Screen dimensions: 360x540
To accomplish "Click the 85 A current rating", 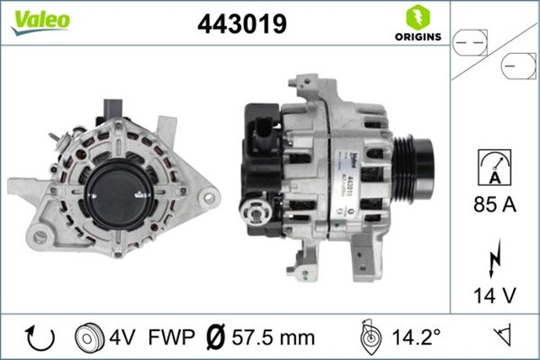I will click(494, 203).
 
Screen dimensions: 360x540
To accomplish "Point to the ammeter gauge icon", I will click(494, 166).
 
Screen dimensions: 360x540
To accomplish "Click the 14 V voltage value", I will click(494, 295).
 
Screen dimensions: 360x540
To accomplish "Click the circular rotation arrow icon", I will click(40, 338).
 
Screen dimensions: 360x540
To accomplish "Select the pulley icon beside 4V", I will click(89, 338).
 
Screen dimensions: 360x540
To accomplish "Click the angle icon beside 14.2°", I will click(369, 337).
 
